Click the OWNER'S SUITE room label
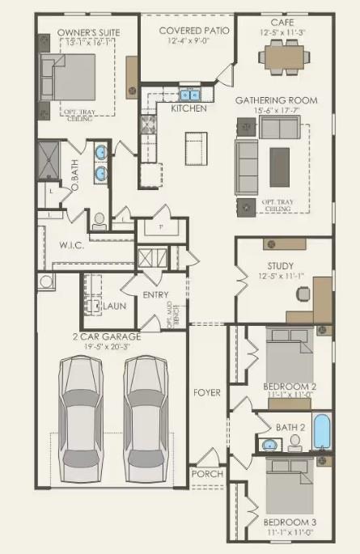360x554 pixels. pos(77,34)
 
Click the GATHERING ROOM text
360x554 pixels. pos(276,100)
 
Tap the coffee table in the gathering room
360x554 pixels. pos(280,161)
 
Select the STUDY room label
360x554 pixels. pos(280,265)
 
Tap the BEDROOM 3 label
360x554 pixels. pos(290,522)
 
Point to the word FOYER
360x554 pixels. pos(207,393)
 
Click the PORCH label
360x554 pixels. pos(206,473)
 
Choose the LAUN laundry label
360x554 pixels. pos(113,307)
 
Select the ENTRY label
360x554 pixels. pos(155,295)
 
